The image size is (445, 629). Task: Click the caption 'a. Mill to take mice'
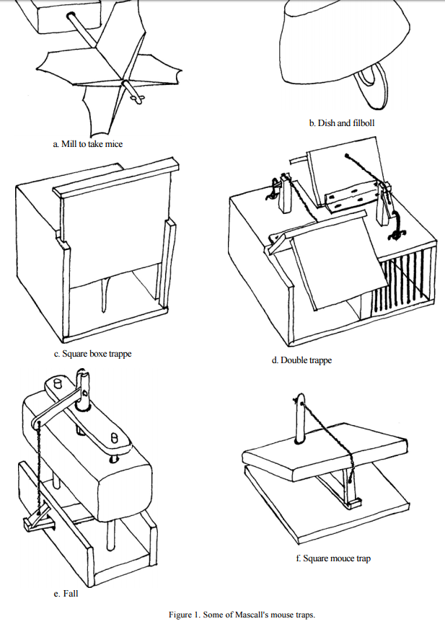pyautogui.click(x=87, y=144)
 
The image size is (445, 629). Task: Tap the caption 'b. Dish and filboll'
pyautogui.click(x=341, y=123)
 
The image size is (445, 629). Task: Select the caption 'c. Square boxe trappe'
pyautogui.click(x=93, y=354)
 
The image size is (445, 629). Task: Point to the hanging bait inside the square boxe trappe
pyautogui.click(x=106, y=295)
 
